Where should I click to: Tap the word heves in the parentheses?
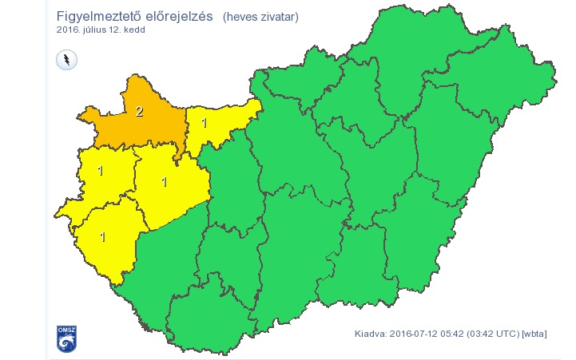click(242, 18)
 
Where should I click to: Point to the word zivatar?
click(279, 18)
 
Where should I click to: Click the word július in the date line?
click(101, 30)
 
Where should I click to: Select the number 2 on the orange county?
click(139, 111)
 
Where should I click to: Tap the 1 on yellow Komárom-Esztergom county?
click(205, 123)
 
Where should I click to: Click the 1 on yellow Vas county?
click(101, 171)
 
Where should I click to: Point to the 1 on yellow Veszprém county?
click(165, 181)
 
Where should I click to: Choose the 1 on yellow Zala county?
click(103, 236)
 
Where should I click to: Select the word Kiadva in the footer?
click(370, 334)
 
